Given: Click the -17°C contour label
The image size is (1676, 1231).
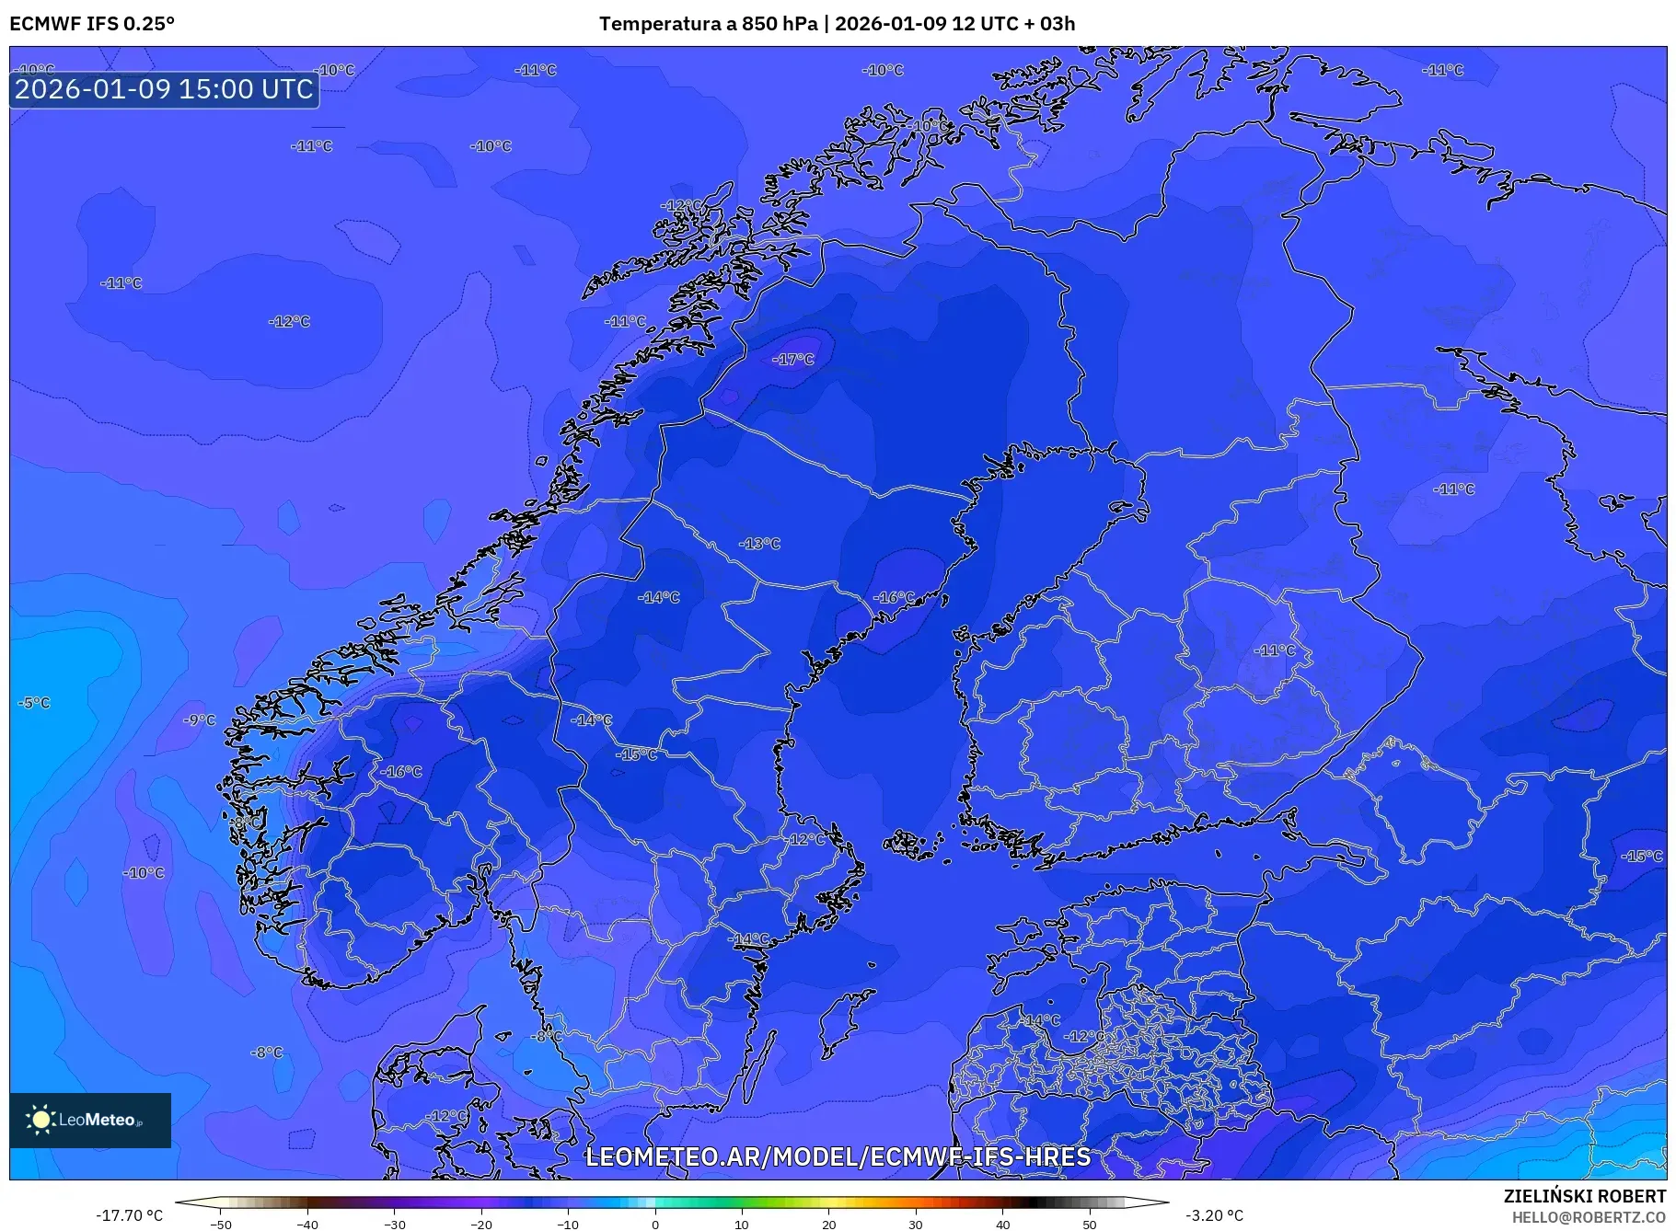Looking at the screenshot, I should pyautogui.click(x=793, y=359).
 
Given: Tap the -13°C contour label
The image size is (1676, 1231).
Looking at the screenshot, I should pyautogui.click(x=759, y=544).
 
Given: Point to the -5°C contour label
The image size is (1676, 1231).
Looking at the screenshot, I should pyautogui.click(x=34, y=703).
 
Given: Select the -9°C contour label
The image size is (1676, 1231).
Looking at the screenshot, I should pyautogui.click(x=199, y=720).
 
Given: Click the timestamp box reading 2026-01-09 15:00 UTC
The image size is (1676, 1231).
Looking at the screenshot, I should pyautogui.click(x=164, y=89).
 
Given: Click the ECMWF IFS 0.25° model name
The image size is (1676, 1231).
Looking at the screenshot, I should pyautogui.click(x=92, y=23).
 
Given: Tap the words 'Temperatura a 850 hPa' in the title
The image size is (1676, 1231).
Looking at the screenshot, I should pyautogui.click(x=708, y=23).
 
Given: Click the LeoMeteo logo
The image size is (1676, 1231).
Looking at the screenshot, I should pyautogui.click(x=90, y=1120).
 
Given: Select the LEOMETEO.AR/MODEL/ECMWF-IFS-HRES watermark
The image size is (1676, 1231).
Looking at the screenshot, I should pyautogui.click(x=838, y=1156).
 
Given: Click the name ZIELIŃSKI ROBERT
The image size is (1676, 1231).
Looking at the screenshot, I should pyautogui.click(x=1584, y=1196).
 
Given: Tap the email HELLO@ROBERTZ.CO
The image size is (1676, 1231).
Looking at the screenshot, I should pyautogui.click(x=1589, y=1217).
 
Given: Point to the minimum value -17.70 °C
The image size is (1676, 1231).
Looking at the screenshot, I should pyautogui.click(x=129, y=1215).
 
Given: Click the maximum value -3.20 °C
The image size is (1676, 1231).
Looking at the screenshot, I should pyautogui.click(x=1214, y=1215).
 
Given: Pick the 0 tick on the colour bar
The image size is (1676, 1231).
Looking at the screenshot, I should pyautogui.click(x=655, y=1224).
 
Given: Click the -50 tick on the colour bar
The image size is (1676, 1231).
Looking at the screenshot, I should pyautogui.click(x=221, y=1224).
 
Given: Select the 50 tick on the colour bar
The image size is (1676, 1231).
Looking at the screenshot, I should pyautogui.click(x=1090, y=1224).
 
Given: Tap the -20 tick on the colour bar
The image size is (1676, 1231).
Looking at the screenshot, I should pyautogui.click(x=480, y=1224).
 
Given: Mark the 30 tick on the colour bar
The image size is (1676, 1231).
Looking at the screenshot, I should pyautogui.click(x=916, y=1224).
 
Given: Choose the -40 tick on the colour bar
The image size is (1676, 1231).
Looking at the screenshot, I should pyautogui.click(x=307, y=1224).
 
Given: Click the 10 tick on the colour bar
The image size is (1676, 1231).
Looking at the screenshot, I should pyautogui.click(x=742, y=1224).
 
